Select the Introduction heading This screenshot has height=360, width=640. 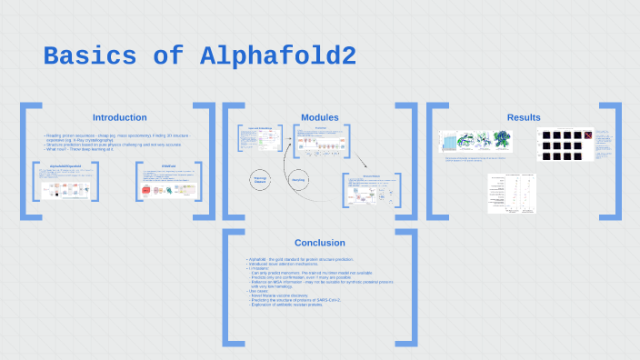pyautogui.click(x=119, y=117)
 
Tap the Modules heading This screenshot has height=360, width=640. pyautogui.click(x=320, y=117)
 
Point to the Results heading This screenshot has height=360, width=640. pyautogui.click(x=524, y=117)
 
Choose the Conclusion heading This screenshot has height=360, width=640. pyautogui.click(x=320, y=243)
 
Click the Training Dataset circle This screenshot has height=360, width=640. pyautogui.click(x=261, y=180)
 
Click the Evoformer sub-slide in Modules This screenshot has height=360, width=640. pyautogui.click(x=321, y=142)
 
